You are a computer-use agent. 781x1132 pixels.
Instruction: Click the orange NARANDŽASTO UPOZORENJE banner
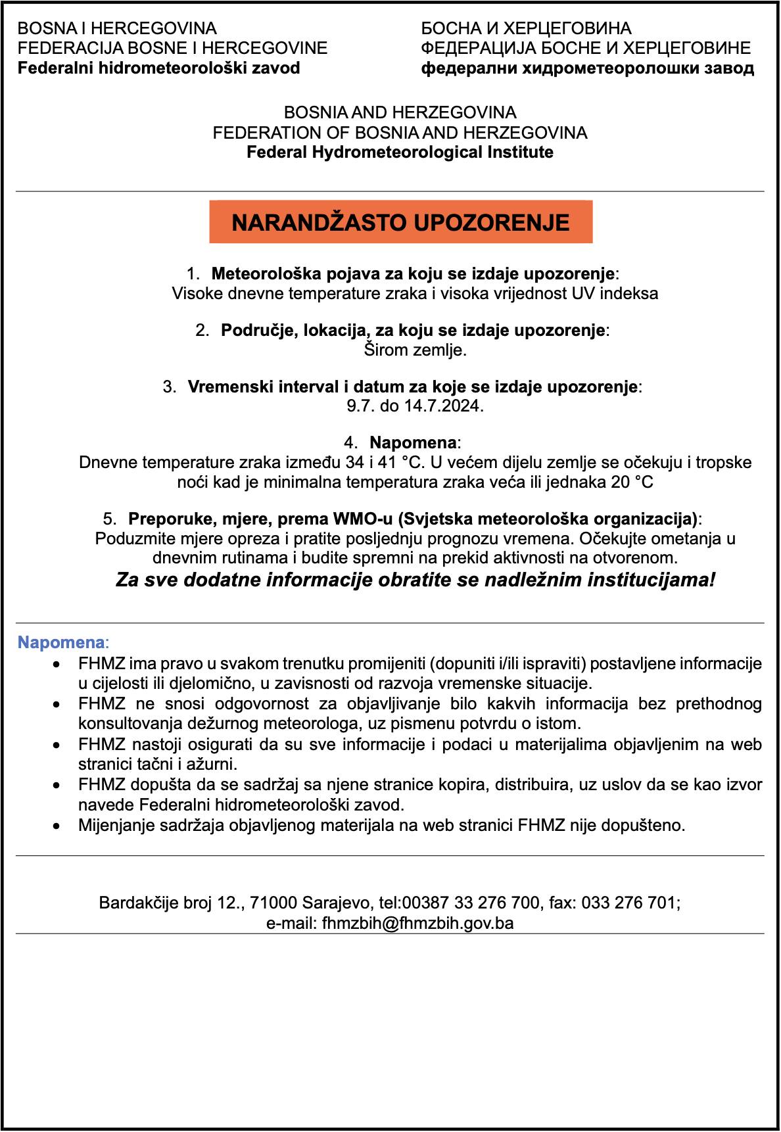click(400, 222)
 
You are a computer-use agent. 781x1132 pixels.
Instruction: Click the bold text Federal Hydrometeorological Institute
click(400, 153)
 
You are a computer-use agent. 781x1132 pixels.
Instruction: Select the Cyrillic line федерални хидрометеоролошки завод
click(588, 68)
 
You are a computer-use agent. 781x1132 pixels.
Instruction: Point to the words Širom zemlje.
click(415, 350)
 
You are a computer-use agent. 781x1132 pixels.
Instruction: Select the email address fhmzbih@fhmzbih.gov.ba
click(417, 923)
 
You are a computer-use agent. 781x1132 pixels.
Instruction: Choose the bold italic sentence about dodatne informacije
click(415, 580)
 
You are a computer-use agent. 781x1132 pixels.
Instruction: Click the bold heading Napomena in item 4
click(413, 442)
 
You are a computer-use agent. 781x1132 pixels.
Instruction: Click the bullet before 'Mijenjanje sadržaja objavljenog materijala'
click(59, 825)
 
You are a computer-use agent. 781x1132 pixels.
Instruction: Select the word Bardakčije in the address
click(138, 903)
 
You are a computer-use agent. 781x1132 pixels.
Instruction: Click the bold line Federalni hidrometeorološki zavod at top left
click(158, 68)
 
